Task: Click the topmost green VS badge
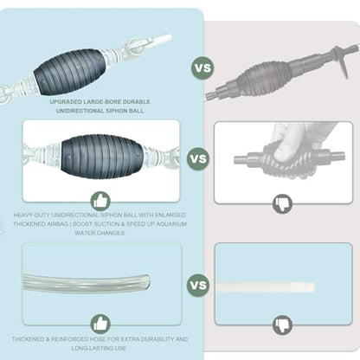tap(202, 68)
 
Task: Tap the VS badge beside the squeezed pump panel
tap(198, 158)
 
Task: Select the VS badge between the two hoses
tap(198, 285)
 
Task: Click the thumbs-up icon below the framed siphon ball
tap(100, 201)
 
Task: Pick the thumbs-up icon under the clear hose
tap(100, 325)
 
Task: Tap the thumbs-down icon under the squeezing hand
tap(282, 204)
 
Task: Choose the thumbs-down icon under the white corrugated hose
tap(282, 325)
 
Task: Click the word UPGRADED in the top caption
tap(66, 102)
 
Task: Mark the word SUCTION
tap(102, 224)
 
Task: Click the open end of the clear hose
tap(147, 282)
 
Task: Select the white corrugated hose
tap(266, 287)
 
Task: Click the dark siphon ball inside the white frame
tap(102, 156)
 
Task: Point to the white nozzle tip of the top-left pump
tap(162, 38)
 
